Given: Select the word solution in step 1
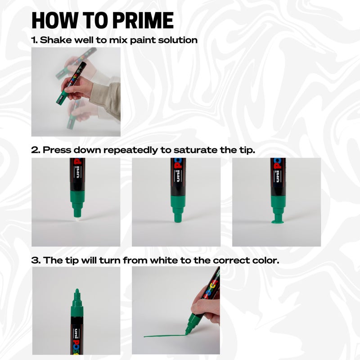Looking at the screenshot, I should click(179, 40).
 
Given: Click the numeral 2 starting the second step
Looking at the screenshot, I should click(34, 150).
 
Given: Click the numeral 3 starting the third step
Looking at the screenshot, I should click(34, 260).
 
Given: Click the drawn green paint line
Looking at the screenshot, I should click(162, 335).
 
